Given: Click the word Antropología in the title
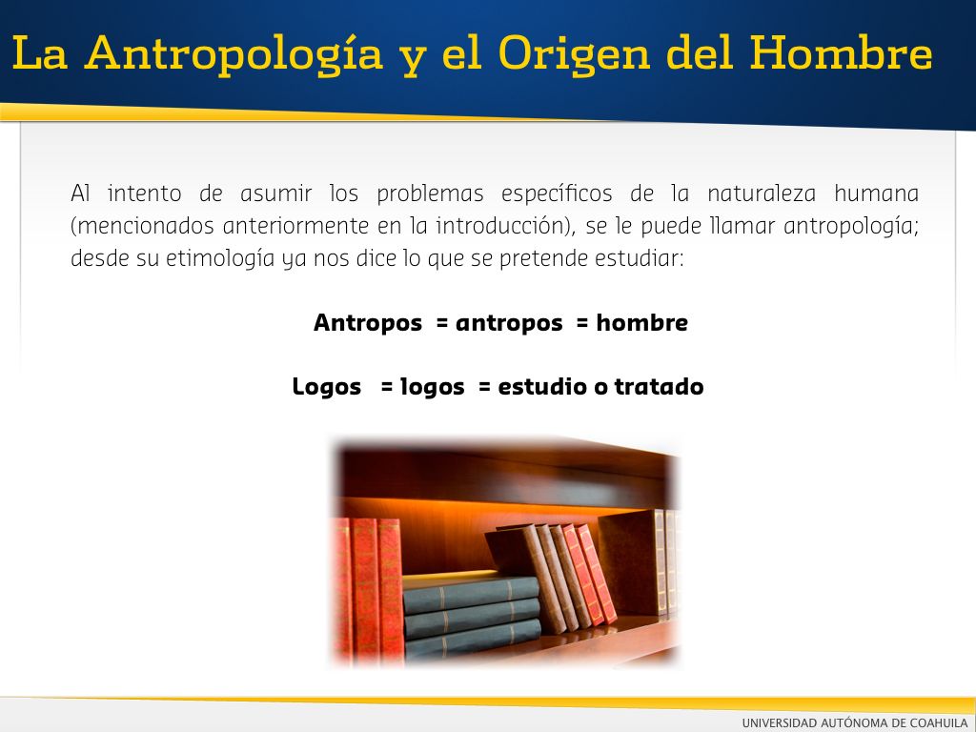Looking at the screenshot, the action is click(234, 54).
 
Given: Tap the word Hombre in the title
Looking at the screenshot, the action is click(841, 52).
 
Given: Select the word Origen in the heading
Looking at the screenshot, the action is click(574, 54).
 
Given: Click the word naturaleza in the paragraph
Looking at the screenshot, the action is click(762, 193).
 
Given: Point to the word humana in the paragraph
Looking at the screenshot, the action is click(877, 193).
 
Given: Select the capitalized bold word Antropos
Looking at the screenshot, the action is click(368, 323).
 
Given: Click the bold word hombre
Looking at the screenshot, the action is click(641, 322).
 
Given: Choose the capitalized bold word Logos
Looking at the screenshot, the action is click(327, 387).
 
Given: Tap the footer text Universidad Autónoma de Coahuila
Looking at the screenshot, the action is click(855, 722).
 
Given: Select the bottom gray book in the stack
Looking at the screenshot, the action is click(473, 638).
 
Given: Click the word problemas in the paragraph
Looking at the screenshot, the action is click(430, 194).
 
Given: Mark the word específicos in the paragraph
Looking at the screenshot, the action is click(557, 194).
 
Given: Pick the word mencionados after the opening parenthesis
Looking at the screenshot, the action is click(146, 225).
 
